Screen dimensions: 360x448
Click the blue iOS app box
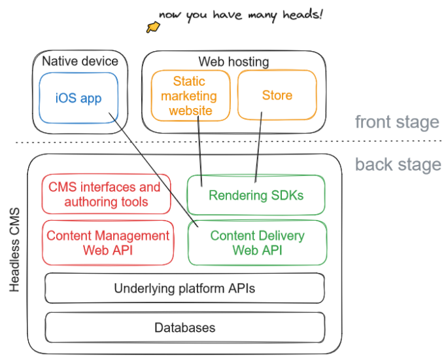tap(78, 98)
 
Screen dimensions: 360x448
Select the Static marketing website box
tap(190, 96)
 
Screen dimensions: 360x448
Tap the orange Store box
tap(277, 96)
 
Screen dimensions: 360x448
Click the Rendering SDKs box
tap(256, 195)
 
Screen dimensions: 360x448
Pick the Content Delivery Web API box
tap(257, 243)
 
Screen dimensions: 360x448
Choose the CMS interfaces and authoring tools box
tap(105, 194)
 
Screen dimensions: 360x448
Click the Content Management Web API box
tap(108, 243)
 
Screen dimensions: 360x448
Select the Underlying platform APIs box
tap(184, 288)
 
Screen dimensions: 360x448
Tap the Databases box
tap(184, 327)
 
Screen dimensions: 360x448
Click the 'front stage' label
tap(396, 122)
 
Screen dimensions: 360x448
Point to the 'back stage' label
tap(398, 164)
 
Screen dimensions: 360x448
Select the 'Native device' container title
tap(80, 62)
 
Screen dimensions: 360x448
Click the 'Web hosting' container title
tap(233, 62)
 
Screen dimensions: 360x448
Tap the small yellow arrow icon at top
tap(152, 27)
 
